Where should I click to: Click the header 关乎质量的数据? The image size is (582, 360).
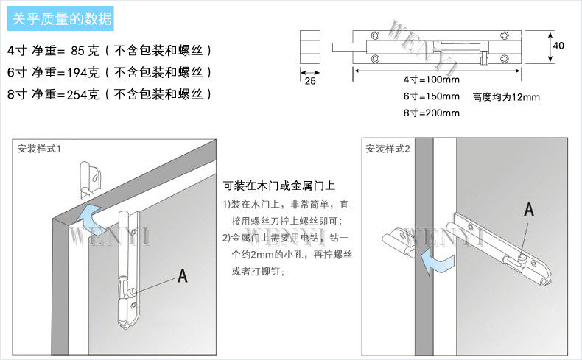tap(62, 19)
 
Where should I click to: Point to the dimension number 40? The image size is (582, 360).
tap(558, 46)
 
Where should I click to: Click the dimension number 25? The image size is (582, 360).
tap(309, 81)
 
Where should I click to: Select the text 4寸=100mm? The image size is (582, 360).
tap(431, 80)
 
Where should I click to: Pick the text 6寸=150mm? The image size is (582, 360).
tap(431, 96)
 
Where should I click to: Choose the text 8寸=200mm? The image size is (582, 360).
tap(431, 113)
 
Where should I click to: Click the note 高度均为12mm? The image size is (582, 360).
tap(506, 96)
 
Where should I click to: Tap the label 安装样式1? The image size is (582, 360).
tap(39, 149)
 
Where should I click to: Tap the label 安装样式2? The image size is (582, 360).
tap(388, 149)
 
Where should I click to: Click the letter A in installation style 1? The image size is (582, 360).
tap(182, 276)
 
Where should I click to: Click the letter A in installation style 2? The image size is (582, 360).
tap(528, 210)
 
